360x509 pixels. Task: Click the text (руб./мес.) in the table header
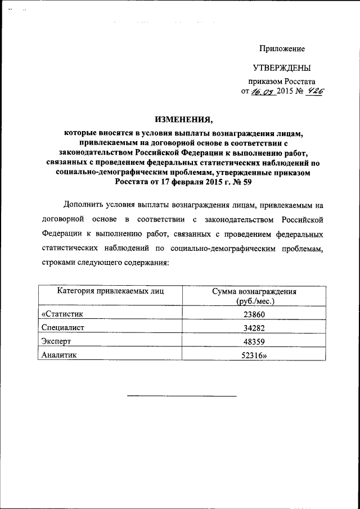(254, 301)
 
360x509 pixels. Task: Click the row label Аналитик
(59, 355)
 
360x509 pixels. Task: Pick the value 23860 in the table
(254, 315)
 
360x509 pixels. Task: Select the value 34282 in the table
(254, 328)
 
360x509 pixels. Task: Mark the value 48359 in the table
(254, 342)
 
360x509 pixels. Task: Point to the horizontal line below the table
(181, 397)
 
